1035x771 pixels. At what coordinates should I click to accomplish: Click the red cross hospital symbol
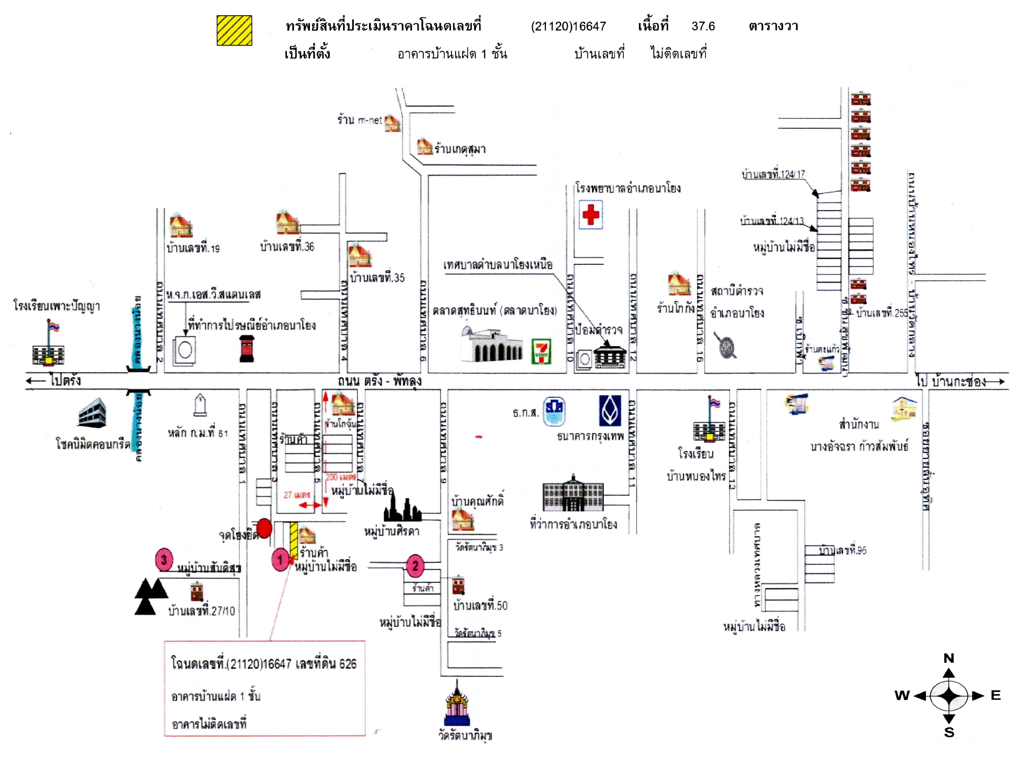[591, 215]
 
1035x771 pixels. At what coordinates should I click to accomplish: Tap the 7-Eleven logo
[542, 351]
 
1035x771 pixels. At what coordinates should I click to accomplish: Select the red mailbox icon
[247, 348]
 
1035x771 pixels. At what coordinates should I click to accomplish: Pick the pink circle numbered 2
[415, 566]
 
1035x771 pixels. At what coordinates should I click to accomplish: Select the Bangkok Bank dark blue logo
[610, 411]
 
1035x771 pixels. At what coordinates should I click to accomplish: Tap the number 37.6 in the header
[703, 26]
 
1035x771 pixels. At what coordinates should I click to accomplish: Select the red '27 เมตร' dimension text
[297, 495]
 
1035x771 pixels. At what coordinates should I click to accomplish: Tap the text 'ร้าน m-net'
[359, 120]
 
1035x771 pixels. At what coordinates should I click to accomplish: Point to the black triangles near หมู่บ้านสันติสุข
[150, 596]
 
